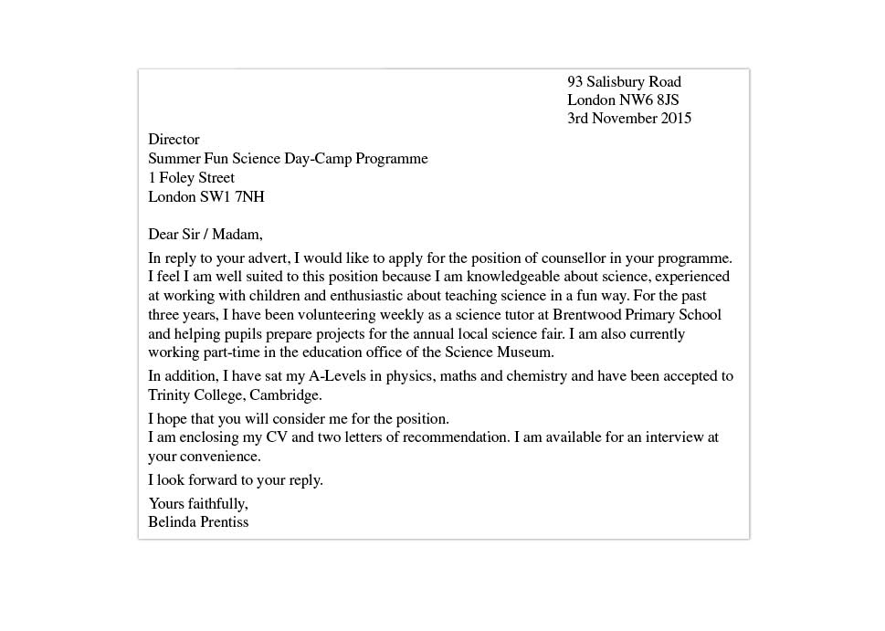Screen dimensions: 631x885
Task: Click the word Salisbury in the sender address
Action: [617, 82]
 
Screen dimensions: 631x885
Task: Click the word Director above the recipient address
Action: [174, 140]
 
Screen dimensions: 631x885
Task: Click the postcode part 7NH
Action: [249, 196]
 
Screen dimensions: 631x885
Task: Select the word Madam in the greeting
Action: [240, 235]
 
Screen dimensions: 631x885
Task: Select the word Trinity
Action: [170, 395]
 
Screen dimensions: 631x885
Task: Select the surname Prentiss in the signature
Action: [219, 522]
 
